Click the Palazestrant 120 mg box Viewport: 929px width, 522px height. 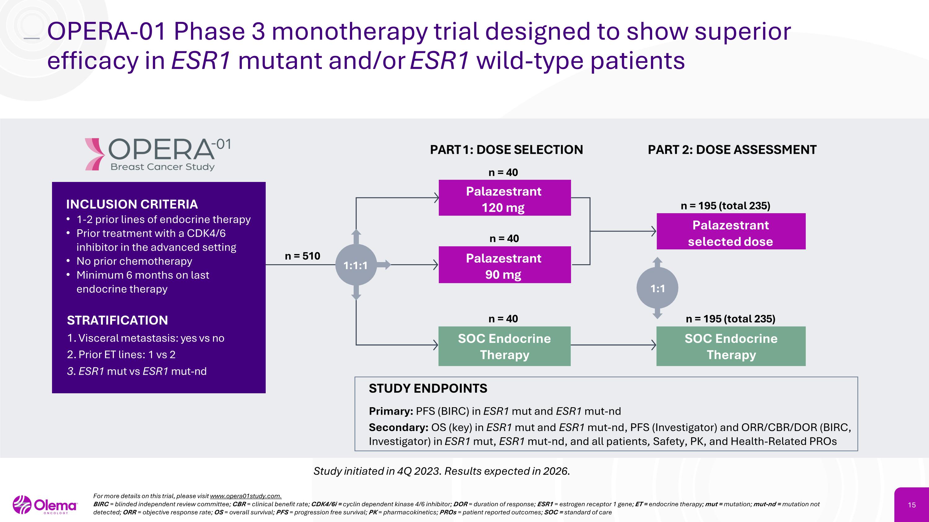pyautogui.click(x=504, y=198)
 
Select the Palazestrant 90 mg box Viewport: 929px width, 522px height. pyautogui.click(x=504, y=265)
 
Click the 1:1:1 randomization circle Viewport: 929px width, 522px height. pyautogui.click(x=356, y=265)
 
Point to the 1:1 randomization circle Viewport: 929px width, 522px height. pyautogui.click(x=657, y=288)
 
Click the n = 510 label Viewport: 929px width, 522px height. pyautogui.click(x=302, y=256)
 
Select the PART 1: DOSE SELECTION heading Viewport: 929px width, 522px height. pyautogui.click(x=506, y=150)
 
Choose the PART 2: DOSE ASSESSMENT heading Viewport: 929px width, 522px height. pyautogui.click(x=732, y=150)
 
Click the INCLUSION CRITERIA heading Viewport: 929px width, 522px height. pyautogui.click(x=132, y=204)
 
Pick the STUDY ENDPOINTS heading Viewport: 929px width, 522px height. pyautogui.click(x=428, y=388)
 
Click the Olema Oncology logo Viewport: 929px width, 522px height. pyautogui.click(x=45, y=505)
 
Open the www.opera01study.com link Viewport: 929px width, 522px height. pyautogui.click(x=245, y=496)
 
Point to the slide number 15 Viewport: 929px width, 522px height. pyautogui.click(x=912, y=505)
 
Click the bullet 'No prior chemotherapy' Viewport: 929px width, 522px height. pyautogui.click(x=134, y=261)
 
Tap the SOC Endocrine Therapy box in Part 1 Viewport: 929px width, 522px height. pyautogui.click(x=504, y=347)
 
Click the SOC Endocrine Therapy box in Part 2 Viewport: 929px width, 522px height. pyautogui.click(x=731, y=347)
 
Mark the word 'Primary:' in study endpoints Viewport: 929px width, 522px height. pyautogui.click(x=390, y=411)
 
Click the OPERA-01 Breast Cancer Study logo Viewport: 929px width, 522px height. pyautogui.click(x=158, y=154)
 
